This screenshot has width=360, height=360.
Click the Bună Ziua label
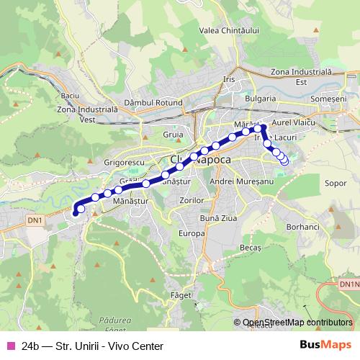pyautogui.click(x=217, y=217)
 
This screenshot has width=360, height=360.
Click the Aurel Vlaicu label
pyautogui.click(x=295, y=124)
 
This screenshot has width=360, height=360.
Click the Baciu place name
pyautogui.click(x=70, y=95)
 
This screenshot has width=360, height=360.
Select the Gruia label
pyautogui.click(x=173, y=133)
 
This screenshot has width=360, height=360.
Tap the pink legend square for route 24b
pyautogui.click(x=10, y=346)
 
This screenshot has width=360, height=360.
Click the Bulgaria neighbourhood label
pyautogui.click(x=261, y=98)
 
